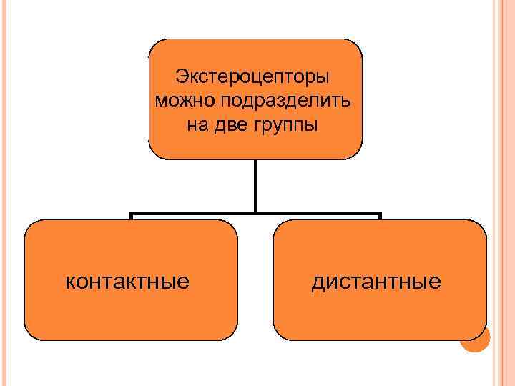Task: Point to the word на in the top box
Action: pos(197,124)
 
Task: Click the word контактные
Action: pos(127,281)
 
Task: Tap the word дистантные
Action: pos(376,281)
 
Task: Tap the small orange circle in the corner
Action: pos(475,340)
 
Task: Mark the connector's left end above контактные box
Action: pos(131,215)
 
